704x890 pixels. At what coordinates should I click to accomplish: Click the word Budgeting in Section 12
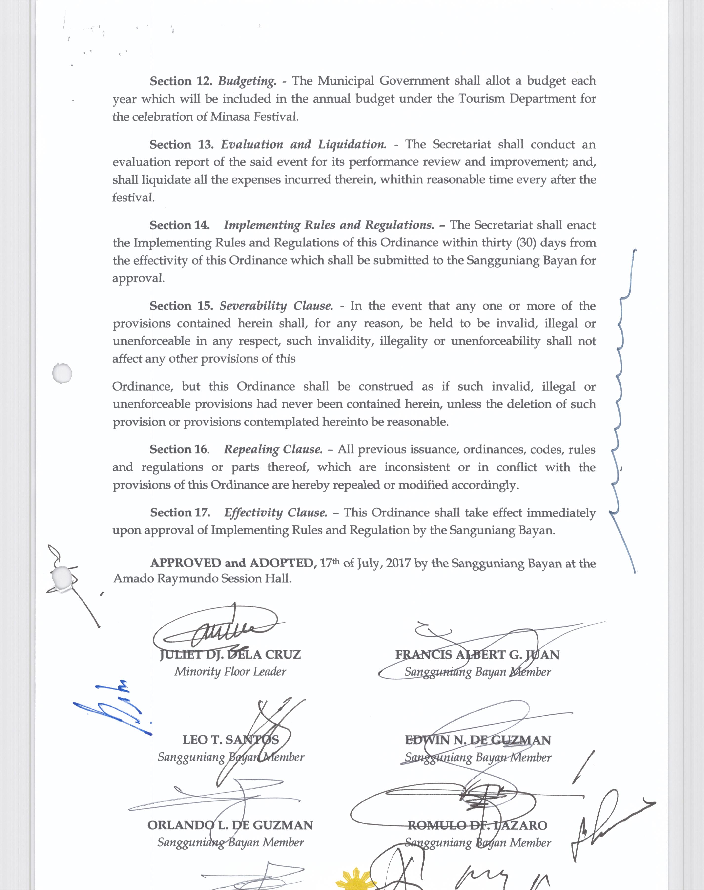coord(247,81)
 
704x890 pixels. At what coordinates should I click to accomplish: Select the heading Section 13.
coord(181,145)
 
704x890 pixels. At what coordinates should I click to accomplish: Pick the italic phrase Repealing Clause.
coord(273,449)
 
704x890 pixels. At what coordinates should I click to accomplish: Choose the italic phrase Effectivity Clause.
coord(275,513)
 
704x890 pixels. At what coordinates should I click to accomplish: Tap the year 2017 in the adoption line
coord(398,563)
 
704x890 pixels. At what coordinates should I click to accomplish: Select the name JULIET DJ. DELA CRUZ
coord(230,655)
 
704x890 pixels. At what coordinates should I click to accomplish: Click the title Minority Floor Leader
coord(230,672)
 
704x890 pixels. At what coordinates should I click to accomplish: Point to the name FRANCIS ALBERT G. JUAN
coord(477,655)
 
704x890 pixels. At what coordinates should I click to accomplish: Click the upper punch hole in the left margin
coord(63,374)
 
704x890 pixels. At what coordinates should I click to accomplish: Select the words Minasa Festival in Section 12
coord(253,117)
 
